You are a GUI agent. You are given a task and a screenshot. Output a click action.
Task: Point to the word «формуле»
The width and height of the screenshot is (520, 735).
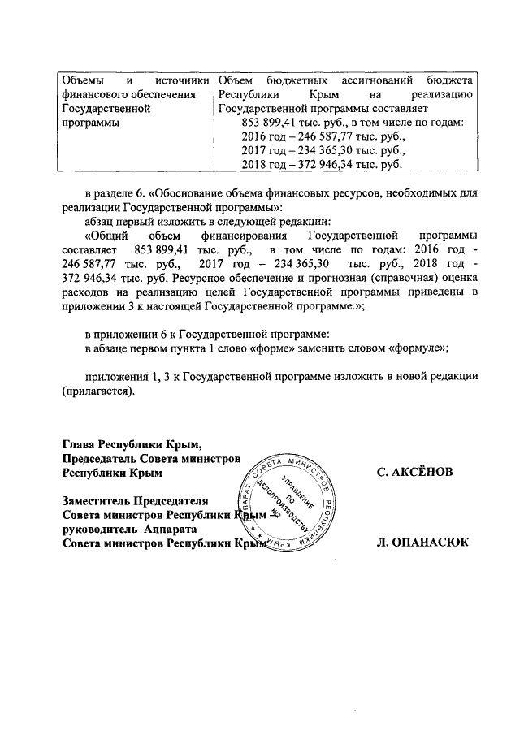418,347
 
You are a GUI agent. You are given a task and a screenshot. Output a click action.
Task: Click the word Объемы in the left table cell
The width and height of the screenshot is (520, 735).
84,81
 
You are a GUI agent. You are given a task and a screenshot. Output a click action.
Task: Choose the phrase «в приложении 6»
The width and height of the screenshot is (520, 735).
126,333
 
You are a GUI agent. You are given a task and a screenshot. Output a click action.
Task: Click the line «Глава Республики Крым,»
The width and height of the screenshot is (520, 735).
131,444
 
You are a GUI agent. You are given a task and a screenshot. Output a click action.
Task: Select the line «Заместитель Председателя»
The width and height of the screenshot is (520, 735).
135,500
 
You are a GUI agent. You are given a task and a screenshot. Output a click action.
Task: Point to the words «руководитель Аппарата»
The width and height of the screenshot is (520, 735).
128,529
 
